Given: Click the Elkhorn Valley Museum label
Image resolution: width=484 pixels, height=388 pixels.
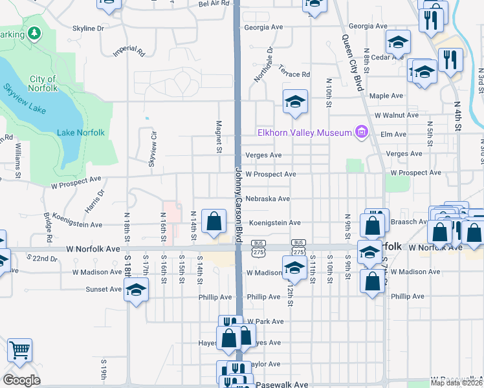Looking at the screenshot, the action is point(305,133).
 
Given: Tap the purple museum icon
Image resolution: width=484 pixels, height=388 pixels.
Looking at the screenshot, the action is point(361,133).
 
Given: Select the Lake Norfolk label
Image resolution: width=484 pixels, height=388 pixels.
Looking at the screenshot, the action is point(81,133).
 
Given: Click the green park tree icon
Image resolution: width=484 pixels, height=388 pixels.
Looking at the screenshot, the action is point(34,33).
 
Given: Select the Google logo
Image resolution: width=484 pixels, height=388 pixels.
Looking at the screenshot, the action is point(21,380).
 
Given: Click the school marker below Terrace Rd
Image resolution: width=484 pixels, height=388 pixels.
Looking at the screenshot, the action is point(295,102).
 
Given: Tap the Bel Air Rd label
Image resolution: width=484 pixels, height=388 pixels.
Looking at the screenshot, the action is point(214,3).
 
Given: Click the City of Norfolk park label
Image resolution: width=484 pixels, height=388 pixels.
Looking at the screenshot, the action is point(43,83).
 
